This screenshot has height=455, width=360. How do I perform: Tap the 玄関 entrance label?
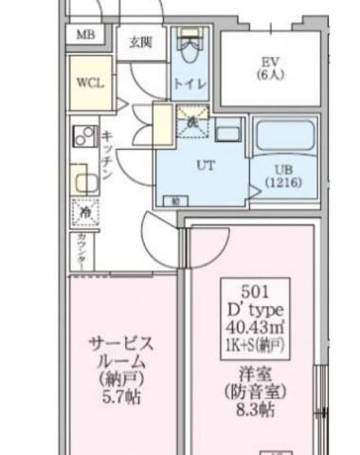[x=141, y=42]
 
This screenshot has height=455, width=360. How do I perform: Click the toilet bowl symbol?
[x=190, y=44]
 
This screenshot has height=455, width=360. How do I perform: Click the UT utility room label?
[x=205, y=164]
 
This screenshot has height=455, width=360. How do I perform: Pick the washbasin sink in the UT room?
[x=227, y=130]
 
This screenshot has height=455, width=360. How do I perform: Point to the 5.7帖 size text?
[x=120, y=399]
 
